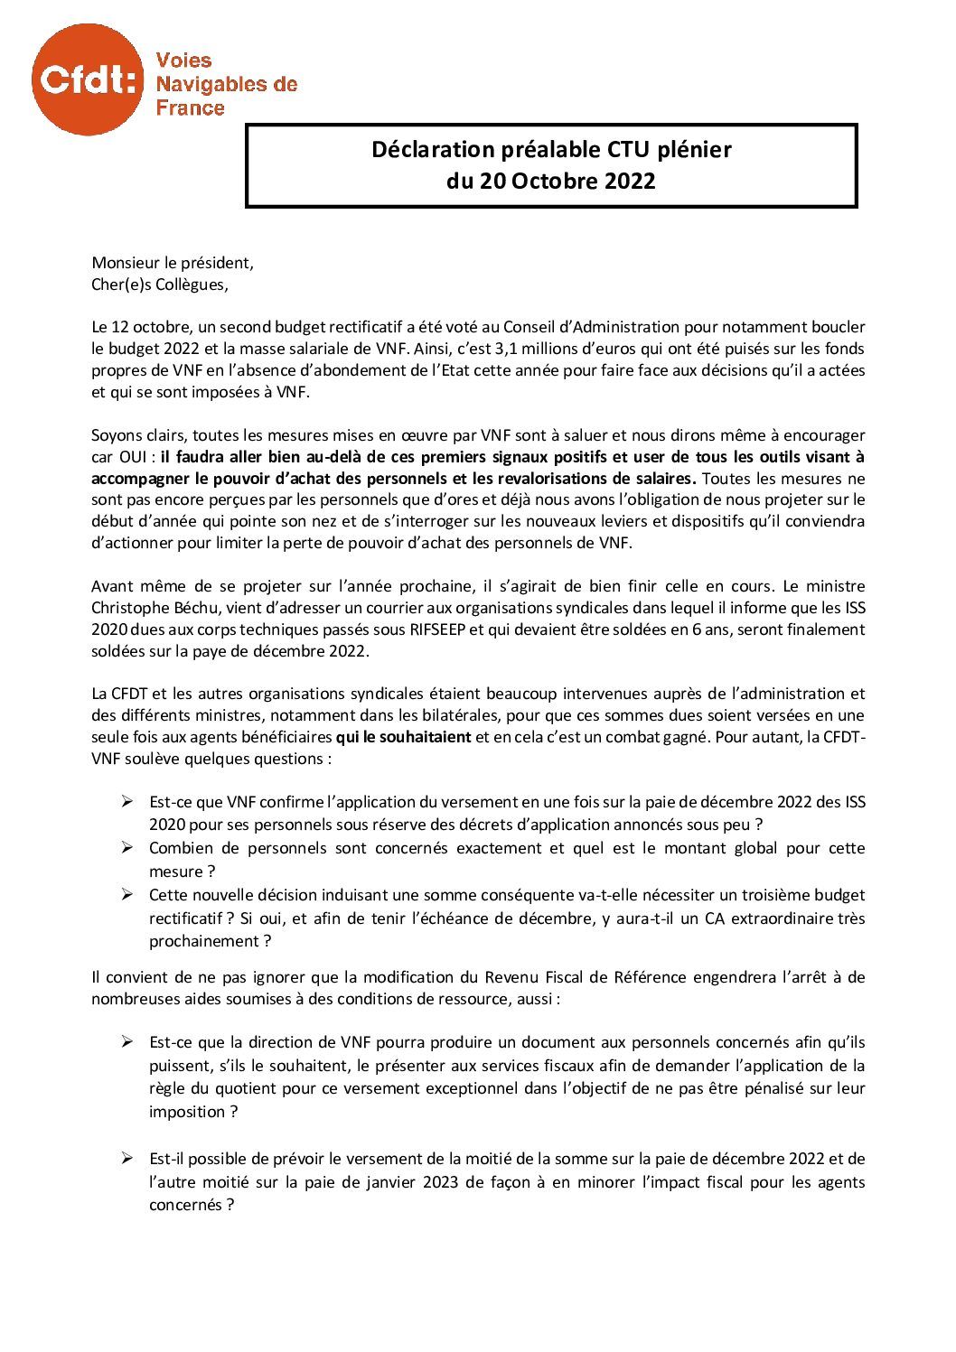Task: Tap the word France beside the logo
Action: click(190, 108)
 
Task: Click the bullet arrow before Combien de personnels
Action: click(127, 848)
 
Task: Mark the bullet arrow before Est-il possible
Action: click(127, 1159)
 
